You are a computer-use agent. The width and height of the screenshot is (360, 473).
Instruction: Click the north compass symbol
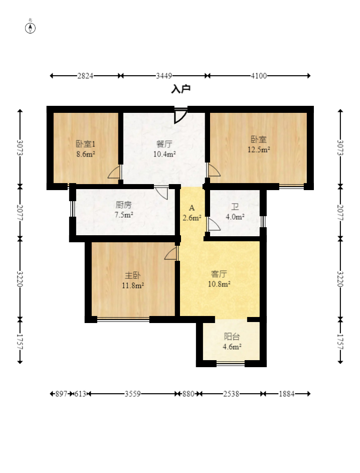30,28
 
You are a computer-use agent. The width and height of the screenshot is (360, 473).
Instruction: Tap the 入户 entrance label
181,89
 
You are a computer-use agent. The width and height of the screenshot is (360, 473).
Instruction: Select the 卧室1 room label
86,144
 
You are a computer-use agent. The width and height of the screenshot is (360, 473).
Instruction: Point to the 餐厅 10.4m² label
164,149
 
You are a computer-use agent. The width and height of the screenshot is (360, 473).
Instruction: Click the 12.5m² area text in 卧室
259,149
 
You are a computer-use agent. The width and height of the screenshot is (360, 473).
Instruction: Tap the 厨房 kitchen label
124,205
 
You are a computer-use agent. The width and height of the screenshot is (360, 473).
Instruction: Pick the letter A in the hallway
192,208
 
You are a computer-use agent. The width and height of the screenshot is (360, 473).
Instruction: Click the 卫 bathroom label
235,207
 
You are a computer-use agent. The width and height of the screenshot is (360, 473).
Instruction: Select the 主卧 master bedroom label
133,275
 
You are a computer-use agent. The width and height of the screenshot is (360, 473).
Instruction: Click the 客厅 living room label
219,274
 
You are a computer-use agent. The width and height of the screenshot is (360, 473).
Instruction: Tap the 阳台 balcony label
232,337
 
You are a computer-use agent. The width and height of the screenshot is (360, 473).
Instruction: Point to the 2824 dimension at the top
85,76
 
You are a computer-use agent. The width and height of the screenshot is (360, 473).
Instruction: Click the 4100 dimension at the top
259,76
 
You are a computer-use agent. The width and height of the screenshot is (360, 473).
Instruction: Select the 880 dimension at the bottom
188,394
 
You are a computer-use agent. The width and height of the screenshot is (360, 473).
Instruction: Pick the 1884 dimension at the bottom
286,394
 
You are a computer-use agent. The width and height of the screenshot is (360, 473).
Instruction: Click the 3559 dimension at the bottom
133,394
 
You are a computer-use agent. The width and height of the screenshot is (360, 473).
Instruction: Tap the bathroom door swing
213,224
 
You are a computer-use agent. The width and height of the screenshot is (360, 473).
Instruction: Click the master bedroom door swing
171,253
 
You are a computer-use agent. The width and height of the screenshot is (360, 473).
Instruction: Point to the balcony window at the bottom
231,364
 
